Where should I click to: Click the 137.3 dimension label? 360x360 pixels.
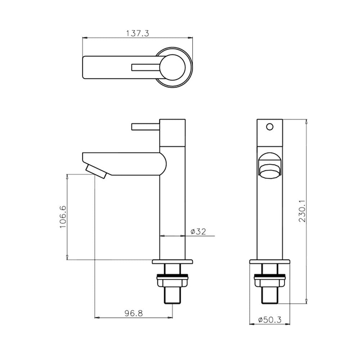[x=138, y=33]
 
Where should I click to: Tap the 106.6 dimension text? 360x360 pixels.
[x=63, y=217]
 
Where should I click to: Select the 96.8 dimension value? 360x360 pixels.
[x=134, y=313]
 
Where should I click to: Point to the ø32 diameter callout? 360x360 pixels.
[x=198, y=231]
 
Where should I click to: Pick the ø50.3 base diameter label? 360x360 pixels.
[x=270, y=320]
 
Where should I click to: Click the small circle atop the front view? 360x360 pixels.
[x=270, y=126]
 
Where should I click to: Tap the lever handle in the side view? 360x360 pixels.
[x=145, y=126]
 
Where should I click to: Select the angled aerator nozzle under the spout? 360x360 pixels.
[x=96, y=171]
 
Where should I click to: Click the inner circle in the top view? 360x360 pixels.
[x=172, y=67]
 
